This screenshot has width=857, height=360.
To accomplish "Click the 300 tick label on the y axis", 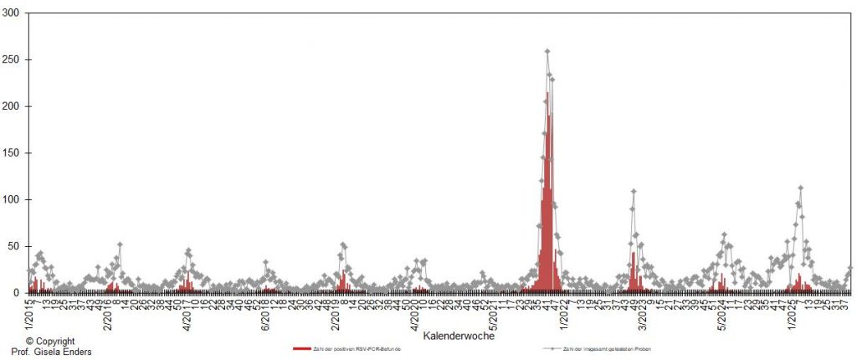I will tap(12, 13).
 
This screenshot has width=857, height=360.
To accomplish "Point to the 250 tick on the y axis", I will tap(12, 60).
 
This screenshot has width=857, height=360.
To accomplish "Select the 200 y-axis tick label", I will tap(12, 106).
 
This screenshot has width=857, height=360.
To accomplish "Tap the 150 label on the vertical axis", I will tap(12, 153).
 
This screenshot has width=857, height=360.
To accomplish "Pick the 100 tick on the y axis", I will tap(12, 199).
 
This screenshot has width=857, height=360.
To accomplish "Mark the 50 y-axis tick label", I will tap(14, 246).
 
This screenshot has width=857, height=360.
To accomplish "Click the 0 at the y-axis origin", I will tap(17, 292).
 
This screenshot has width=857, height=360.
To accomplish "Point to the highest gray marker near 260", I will tap(547, 52).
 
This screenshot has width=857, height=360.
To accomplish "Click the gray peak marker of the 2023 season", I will tap(634, 192).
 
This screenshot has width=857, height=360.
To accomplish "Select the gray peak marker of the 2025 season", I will tap(801, 188).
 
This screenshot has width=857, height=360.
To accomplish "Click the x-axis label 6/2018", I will tap(266, 315).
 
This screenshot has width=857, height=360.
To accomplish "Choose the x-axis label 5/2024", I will tap(721, 315).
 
